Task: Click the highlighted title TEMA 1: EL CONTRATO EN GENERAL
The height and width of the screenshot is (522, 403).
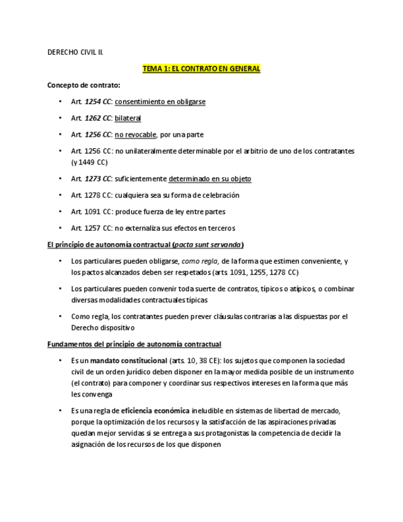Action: [201, 69]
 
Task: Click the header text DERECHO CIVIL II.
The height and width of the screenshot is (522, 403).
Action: [75, 52]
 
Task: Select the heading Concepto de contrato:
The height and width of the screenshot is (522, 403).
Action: [84, 86]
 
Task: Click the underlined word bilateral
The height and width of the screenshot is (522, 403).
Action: [128, 118]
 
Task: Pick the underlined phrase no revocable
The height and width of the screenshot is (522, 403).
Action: [135, 134]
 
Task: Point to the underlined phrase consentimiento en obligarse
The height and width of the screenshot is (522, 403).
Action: [160, 102]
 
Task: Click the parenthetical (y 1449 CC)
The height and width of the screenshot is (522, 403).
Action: [89, 163]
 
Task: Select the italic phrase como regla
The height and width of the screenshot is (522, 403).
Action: [200, 261]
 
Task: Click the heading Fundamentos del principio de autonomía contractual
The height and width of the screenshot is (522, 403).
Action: [134, 344]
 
